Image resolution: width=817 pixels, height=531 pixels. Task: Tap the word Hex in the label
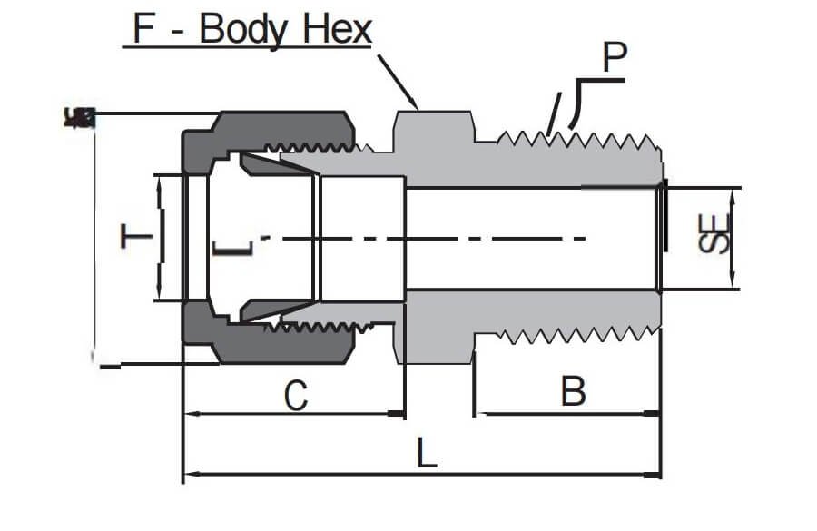point(340,30)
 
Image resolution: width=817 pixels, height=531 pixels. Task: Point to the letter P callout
point(615,60)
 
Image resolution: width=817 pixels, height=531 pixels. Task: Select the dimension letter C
point(295,396)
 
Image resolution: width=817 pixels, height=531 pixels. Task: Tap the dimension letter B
point(573,392)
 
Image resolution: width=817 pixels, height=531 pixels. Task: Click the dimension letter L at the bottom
point(426,452)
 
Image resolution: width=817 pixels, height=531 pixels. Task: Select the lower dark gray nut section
point(272,340)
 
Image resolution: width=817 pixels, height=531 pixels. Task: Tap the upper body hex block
point(432,133)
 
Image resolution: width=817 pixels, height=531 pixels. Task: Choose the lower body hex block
point(432,343)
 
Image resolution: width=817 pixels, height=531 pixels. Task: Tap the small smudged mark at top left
point(80,116)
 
